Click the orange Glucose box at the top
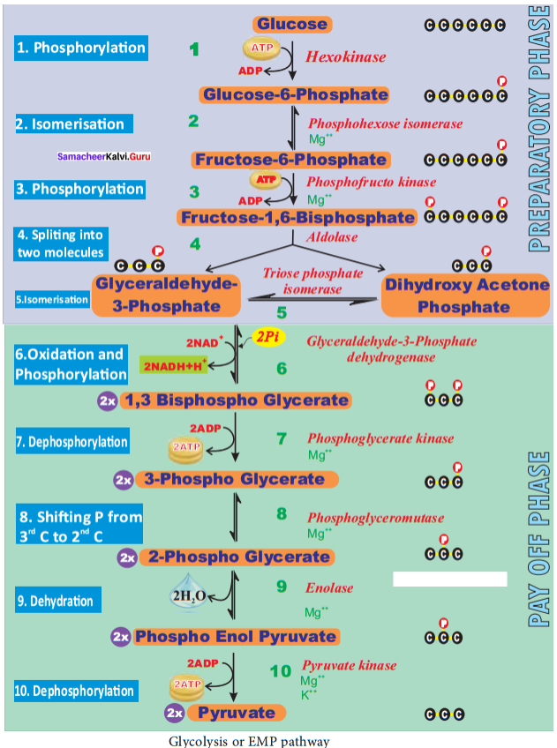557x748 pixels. click(292, 25)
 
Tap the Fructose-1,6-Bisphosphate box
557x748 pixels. click(297, 217)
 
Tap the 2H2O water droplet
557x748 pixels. click(188, 595)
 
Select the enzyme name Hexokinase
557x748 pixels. click(346, 57)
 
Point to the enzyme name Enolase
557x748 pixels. click(330, 587)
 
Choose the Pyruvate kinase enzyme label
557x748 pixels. click(350, 666)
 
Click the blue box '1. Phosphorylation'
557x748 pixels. click(79, 48)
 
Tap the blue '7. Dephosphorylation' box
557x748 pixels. click(71, 441)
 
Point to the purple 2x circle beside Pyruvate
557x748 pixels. click(175, 713)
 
